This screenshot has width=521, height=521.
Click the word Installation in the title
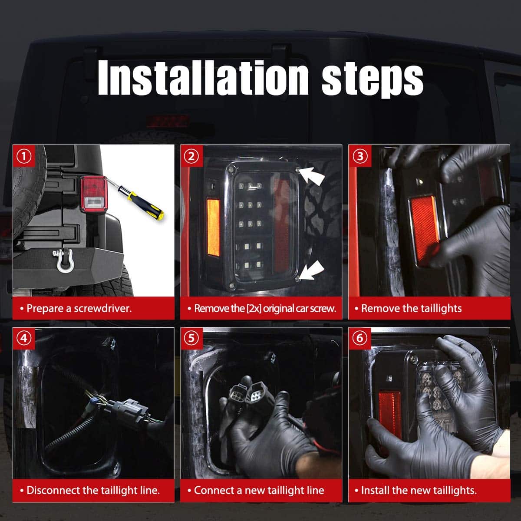(x=203, y=77)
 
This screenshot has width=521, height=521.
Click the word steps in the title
(x=373, y=80)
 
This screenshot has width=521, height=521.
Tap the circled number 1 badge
(x=24, y=156)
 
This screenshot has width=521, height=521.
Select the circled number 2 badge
(x=191, y=156)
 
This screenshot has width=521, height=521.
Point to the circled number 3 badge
(x=360, y=156)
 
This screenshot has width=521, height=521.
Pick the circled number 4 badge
(x=24, y=338)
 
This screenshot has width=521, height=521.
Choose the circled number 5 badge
(x=191, y=338)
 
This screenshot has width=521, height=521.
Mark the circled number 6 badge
(x=360, y=338)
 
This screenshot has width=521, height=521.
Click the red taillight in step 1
(x=94, y=193)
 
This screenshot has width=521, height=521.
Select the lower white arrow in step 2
(x=312, y=270)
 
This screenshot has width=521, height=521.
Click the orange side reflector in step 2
(x=213, y=228)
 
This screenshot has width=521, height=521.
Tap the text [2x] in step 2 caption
(x=254, y=309)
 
